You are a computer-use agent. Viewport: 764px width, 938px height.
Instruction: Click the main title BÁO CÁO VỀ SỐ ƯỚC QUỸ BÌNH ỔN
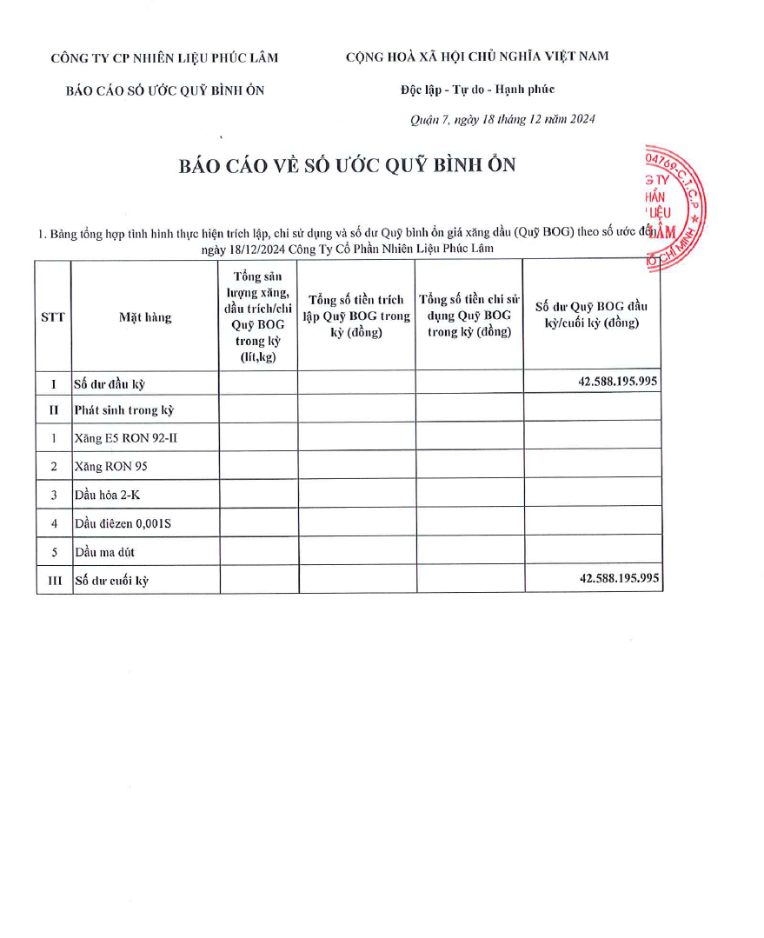point(347,165)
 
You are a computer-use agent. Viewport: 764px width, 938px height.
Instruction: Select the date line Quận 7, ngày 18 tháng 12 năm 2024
point(502,120)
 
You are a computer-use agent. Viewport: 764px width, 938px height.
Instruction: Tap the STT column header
point(53,317)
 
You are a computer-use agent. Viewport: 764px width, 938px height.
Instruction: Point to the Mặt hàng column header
point(145,317)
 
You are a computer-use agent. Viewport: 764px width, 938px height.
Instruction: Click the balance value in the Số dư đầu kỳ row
point(618,382)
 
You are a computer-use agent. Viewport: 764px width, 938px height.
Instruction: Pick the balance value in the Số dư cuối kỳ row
point(619,578)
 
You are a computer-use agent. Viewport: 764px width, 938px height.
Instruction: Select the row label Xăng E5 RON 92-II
point(126,438)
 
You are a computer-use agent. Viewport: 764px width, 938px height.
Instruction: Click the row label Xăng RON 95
point(111,467)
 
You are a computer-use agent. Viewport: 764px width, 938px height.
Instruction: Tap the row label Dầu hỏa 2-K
point(107,495)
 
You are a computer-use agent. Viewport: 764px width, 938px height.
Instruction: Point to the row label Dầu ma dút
point(105,552)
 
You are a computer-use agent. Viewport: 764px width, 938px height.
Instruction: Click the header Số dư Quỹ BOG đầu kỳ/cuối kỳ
point(591,315)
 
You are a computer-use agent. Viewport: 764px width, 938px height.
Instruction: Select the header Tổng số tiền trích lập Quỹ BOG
point(356,316)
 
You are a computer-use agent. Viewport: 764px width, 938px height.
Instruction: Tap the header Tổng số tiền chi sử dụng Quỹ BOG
point(469,316)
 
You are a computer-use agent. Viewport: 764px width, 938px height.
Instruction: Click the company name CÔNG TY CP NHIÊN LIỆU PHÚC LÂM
point(165,58)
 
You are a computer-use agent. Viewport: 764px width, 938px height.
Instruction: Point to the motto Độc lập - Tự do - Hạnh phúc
point(477,90)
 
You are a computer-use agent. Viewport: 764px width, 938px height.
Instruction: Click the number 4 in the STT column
point(54,523)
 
